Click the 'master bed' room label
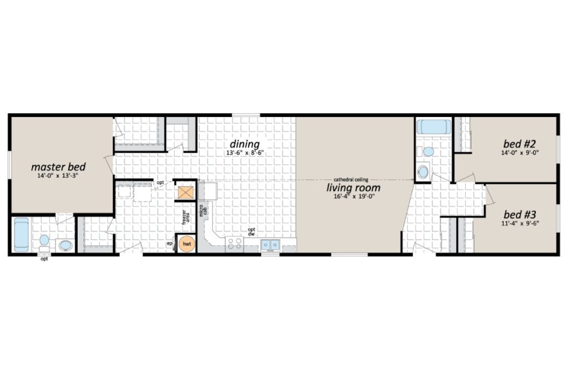[58, 167]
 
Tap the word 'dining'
[245, 144]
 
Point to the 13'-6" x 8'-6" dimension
[245, 153]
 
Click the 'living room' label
[353, 188]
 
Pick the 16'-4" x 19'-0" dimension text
[353, 197]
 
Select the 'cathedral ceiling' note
[351, 179]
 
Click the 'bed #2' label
[519, 144]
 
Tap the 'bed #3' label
[519, 214]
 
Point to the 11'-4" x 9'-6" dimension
[520, 224]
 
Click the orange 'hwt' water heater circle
[186, 244]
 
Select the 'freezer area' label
[185, 216]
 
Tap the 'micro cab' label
[203, 210]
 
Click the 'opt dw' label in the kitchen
[251, 232]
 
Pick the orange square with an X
[186, 193]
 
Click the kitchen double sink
[270, 245]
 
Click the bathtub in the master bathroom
[22, 234]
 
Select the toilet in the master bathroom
[44, 242]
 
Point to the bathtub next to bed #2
[434, 127]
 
